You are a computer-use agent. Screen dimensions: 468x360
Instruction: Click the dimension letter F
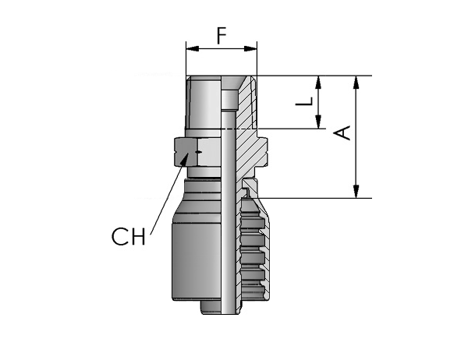(222, 36)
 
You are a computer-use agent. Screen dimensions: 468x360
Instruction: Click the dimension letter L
(304, 101)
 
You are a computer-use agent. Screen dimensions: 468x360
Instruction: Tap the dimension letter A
(342, 133)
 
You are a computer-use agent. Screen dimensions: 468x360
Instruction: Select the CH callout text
(129, 237)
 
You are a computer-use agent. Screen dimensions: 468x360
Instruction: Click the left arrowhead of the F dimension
(192, 49)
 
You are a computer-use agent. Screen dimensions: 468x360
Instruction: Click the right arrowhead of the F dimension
(250, 49)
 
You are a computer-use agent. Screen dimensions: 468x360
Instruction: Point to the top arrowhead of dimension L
(318, 83)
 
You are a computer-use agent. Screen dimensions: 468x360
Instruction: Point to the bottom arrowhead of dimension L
(318, 122)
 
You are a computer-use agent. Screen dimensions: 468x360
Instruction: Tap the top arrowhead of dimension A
(356, 83)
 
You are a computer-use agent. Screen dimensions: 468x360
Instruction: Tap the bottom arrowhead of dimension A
(356, 191)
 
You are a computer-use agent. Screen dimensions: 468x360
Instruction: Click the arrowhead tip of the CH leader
(189, 153)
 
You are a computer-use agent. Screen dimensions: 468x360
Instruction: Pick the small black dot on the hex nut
(198, 152)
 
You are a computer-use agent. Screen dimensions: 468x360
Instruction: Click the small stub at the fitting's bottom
(211, 307)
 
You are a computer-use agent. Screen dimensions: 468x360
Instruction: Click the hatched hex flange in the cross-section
(252, 151)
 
